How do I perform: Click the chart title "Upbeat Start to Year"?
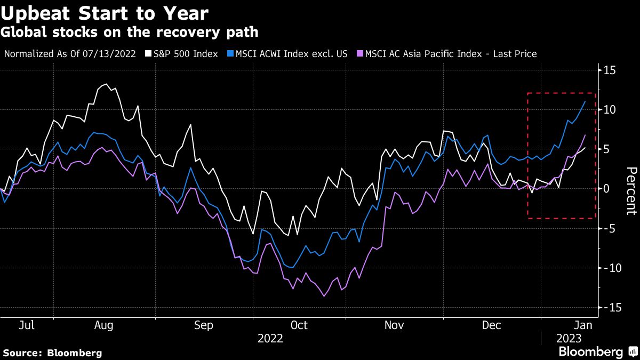click(105, 13)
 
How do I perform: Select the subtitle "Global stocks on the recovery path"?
click(130, 32)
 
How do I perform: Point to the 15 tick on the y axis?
click(610, 70)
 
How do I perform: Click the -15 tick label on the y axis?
click(608, 307)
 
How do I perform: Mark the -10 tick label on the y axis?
click(608, 268)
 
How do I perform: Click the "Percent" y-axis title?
click(631, 190)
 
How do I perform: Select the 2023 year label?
click(569, 339)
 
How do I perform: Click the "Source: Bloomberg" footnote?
click(52, 353)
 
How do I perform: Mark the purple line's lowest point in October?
click(324, 296)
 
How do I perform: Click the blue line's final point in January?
click(585, 101)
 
